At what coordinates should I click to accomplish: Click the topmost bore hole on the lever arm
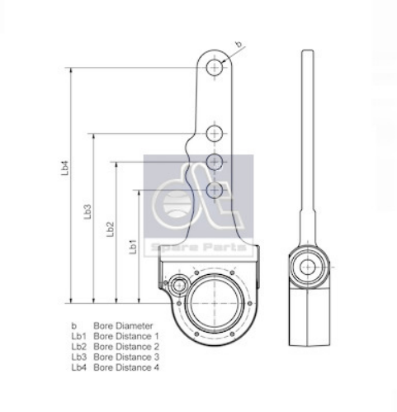pyautogui.click(x=216, y=68)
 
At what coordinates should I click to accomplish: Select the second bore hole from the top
pyautogui.click(x=216, y=132)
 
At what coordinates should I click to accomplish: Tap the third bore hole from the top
pyautogui.click(x=216, y=160)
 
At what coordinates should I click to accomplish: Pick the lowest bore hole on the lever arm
pyautogui.click(x=216, y=190)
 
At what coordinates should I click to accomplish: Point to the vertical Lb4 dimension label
pyautogui.click(x=64, y=168)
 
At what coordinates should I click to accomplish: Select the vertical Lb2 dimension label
pyautogui.click(x=111, y=230)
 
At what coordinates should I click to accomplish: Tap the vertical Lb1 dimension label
pyautogui.click(x=132, y=247)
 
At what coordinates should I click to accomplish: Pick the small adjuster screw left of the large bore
pyautogui.click(x=181, y=285)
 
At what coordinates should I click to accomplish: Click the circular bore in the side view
pyautogui.click(x=308, y=267)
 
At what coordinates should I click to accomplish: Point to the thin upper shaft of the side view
pyautogui.click(x=308, y=124)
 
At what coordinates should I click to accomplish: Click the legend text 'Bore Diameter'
pyautogui.click(x=123, y=326)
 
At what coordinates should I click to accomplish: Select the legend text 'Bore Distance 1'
pyautogui.click(x=126, y=337)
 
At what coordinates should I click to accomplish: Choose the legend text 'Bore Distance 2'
pyautogui.click(x=126, y=347)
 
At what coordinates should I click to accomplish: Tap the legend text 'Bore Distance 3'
pyautogui.click(x=126, y=358)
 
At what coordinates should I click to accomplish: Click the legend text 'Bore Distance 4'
pyautogui.click(x=126, y=367)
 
